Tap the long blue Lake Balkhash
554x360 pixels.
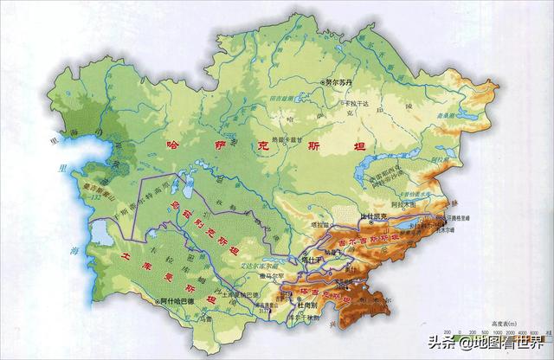point(381,180)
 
